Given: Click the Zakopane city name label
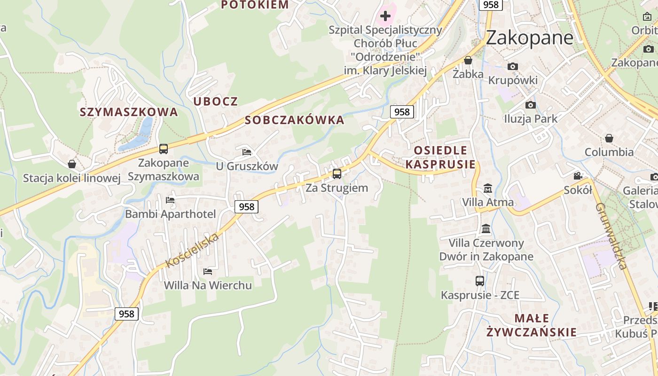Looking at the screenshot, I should (529, 38).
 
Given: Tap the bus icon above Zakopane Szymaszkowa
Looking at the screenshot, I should (164, 149).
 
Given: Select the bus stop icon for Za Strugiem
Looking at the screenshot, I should (337, 174).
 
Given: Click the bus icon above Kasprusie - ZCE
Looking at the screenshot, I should (480, 281).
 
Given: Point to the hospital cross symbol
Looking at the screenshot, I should (385, 16).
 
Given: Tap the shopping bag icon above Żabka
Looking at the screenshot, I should (468, 60).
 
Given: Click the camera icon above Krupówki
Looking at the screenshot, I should (513, 67).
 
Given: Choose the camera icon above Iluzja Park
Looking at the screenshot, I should (531, 105).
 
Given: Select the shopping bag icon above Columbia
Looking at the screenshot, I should (609, 138).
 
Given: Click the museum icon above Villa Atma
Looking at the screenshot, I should (488, 188).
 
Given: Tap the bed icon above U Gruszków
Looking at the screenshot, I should (247, 152).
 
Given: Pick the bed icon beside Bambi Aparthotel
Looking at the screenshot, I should (170, 200).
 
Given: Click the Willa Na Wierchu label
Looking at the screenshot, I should (208, 285).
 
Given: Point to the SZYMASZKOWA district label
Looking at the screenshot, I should (129, 112).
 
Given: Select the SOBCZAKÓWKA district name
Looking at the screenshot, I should (295, 120).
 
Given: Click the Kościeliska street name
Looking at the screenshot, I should (193, 251).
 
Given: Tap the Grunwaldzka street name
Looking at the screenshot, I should (611, 236).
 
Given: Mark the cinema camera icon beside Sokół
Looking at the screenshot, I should (578, 176).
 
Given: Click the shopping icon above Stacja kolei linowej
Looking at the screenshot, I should (72, 164).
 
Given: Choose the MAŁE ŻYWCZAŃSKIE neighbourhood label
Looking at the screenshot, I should (532, 325).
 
